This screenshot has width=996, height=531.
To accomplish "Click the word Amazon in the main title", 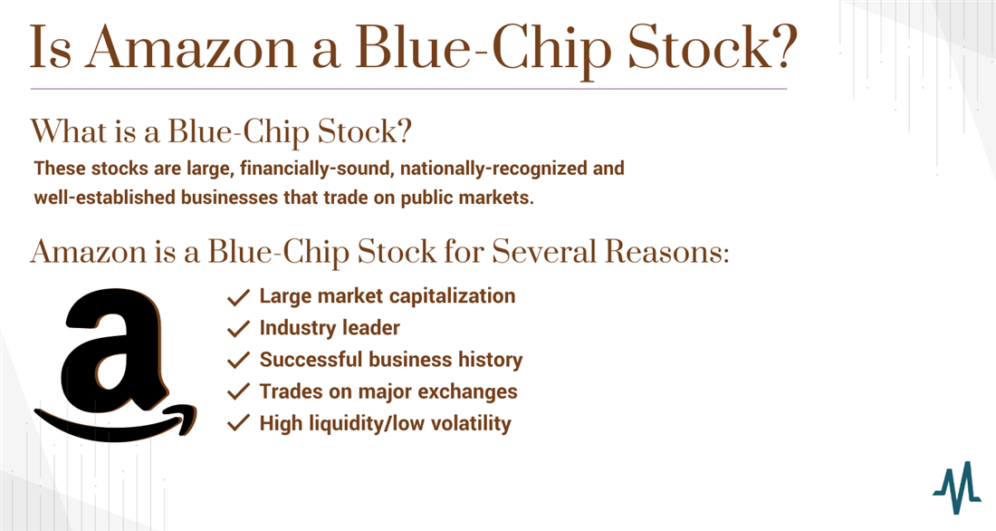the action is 192,48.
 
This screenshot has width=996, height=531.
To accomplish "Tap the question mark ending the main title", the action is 782,46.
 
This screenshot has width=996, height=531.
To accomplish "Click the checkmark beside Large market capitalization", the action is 238,297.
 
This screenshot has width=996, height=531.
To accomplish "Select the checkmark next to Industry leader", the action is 238,329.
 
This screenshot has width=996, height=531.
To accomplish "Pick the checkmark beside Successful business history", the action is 238,361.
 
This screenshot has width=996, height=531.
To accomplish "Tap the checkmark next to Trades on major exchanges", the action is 238,392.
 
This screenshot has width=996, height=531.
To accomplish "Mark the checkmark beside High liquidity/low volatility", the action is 238,423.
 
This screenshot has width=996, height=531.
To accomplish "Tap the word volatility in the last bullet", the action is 469,423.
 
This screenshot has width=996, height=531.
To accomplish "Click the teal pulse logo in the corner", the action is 957,488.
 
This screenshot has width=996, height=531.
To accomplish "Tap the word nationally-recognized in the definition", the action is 493,169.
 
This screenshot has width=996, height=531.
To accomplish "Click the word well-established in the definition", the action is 105,198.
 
